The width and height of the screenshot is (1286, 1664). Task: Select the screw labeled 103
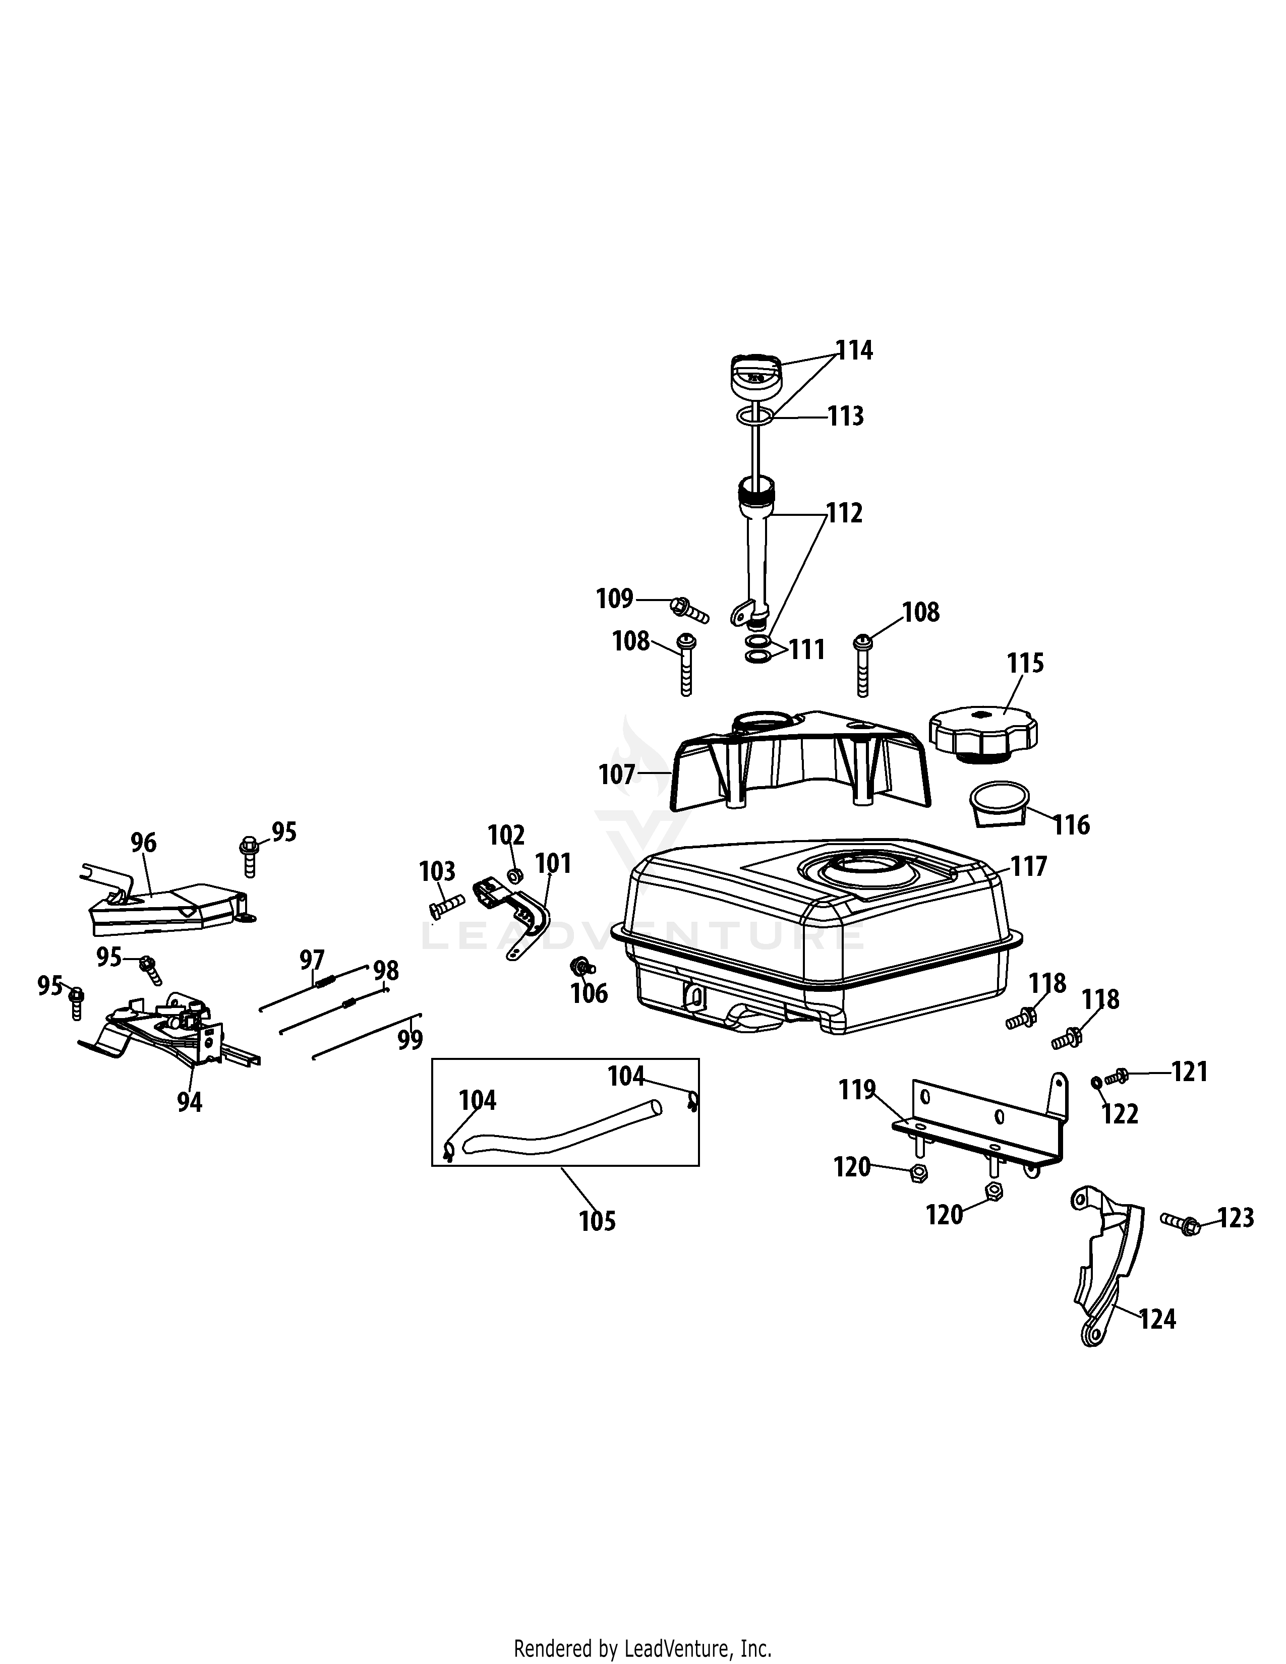click(x=446, y=905)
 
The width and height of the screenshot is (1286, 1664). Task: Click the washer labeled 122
click(x=1095, y=1082)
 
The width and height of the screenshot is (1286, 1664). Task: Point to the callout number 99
click(x=410, y=1039)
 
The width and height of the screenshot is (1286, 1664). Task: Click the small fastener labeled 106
click(x=583, y=968)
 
